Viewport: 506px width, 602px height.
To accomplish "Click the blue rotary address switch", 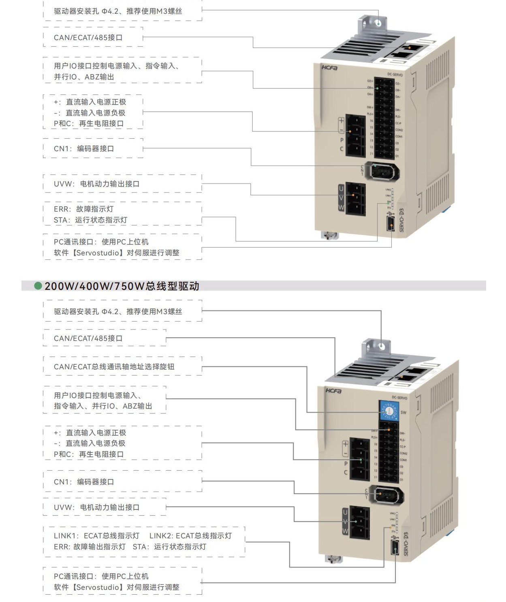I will pos(389,411).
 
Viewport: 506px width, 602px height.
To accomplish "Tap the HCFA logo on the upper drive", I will pos(330,68).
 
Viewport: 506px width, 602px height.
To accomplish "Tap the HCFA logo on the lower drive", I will pos(334,391).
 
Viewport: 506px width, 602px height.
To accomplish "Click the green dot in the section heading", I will pos(38,286).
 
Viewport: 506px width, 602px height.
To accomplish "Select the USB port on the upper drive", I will pos(391,223).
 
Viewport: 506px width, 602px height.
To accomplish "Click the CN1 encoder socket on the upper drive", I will pos(382,171).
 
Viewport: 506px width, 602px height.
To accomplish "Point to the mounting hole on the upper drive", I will pos(378,23).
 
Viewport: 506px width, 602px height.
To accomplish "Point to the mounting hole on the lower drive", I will pos(382,346).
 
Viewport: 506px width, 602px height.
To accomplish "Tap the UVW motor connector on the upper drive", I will pos(356,199).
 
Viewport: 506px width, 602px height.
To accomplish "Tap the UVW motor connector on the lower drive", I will pos(359,522).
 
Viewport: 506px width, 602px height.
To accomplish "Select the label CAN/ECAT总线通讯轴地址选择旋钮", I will pos(114,366).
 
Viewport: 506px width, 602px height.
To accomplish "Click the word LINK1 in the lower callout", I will pos(65,536).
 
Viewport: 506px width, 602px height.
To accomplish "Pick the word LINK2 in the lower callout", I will pos(161,536).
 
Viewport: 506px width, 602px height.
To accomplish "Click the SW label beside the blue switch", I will pos(403,412).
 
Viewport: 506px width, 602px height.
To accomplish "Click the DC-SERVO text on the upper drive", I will pos(395,75).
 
